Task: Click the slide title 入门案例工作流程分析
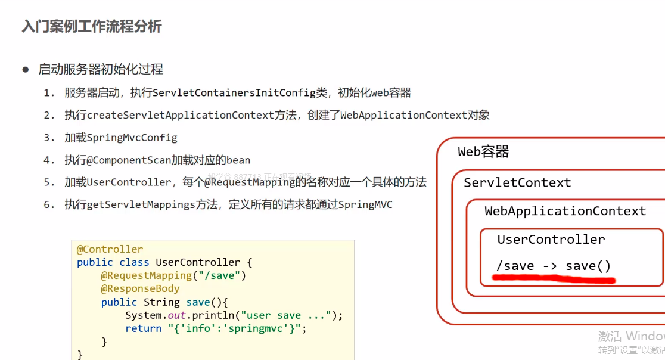coord(92,27)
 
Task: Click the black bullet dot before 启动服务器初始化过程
coord(26,70)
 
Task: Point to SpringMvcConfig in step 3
coord(132,138)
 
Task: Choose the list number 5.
coord(49,182)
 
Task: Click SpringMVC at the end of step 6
coord(365,204)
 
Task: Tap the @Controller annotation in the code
coord(110,249)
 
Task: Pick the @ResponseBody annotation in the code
coord(140,288)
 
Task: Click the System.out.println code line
coord(234,315)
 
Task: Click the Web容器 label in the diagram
coord(483,152)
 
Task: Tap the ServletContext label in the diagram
coord(517,183)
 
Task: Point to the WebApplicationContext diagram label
coord(565,211)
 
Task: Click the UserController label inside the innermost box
coord(551,240)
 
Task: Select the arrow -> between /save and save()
coord(549,266)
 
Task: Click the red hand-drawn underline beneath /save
coord(554,278)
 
